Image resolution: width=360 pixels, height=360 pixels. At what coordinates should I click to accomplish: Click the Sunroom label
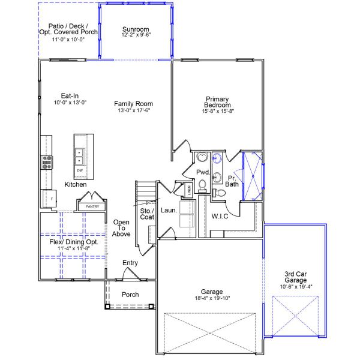tap(136, 29)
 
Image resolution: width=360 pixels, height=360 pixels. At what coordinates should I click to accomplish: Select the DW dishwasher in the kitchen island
tap(80, 171)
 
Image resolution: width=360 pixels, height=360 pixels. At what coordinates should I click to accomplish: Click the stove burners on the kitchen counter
tap(47, 161)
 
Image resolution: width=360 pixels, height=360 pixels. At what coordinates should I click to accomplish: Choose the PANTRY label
tap(92, 206)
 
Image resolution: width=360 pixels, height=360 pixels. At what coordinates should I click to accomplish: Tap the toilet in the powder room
tap(203, 184)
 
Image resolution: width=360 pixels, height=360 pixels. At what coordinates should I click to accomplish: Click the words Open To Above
tap(122, 228)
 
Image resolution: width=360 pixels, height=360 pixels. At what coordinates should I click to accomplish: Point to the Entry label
tap(130, 263)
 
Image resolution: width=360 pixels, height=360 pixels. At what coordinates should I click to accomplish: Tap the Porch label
tap(130, 295)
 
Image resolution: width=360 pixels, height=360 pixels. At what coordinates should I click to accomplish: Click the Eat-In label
tap(70, 95)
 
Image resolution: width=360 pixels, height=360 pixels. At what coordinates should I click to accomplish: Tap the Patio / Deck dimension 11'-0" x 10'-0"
tap(68, 39)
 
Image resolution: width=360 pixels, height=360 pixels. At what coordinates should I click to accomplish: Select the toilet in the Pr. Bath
tap(220, 193)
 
